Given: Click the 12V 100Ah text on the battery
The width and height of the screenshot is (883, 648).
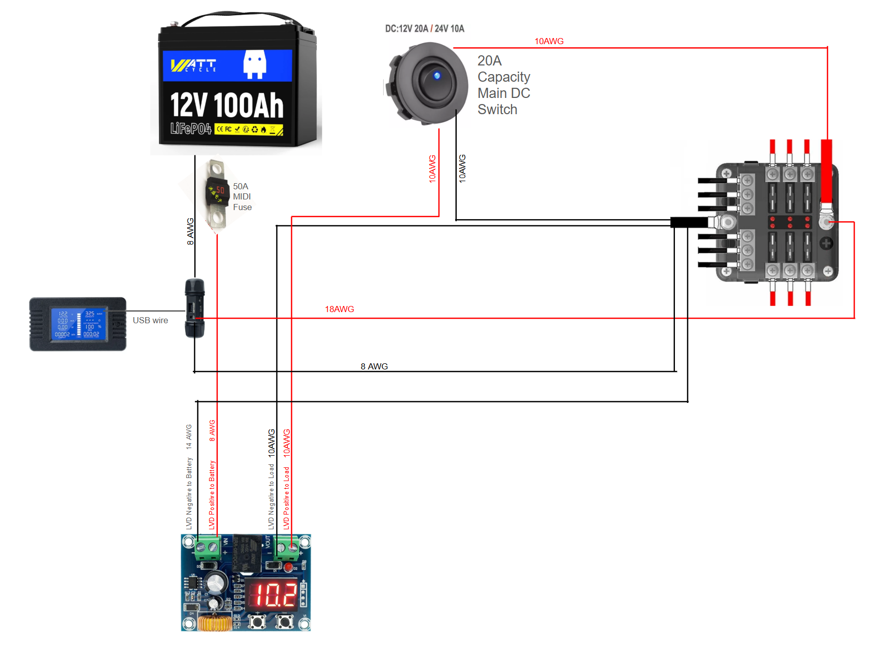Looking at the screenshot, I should [x=226, y=105].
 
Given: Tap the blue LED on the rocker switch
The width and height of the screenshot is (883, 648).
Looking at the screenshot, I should [x=436, y=76].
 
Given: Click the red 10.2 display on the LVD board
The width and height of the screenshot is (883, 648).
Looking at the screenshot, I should [x=275, y=595].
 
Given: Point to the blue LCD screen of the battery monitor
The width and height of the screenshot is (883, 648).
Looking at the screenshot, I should [x=78, y=323].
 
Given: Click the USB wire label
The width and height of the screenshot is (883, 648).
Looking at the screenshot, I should [x=150, y=320].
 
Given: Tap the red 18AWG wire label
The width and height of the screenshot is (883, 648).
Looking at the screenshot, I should [x=339, y=309].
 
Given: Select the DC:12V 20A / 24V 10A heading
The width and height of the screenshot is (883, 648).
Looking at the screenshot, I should [x=424, y=28].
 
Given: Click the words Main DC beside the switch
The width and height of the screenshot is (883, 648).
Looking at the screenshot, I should [x=503, y=93].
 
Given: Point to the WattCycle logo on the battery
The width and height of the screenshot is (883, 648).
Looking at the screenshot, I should [x=193, y=65].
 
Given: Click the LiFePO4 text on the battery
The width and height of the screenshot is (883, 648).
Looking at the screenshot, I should [x=191, y=129].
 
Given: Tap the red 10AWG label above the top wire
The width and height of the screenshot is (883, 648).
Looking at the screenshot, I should [x=549, y=41].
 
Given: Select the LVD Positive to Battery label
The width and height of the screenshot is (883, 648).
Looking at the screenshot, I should [x=212, y=495].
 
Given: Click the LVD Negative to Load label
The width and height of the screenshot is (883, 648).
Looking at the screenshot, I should [x=271, y=496].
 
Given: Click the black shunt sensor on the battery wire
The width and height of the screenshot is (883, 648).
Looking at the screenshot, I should [x=194, y=308].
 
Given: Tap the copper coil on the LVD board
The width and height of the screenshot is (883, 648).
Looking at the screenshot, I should [x=215, y=622].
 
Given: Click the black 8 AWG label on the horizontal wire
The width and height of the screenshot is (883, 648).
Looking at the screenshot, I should [x=374, y=366].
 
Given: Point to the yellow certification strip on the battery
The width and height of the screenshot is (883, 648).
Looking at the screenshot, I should [x=248, y=129].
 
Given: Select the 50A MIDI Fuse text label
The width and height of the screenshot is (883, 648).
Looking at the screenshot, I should [x=242, y=197].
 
